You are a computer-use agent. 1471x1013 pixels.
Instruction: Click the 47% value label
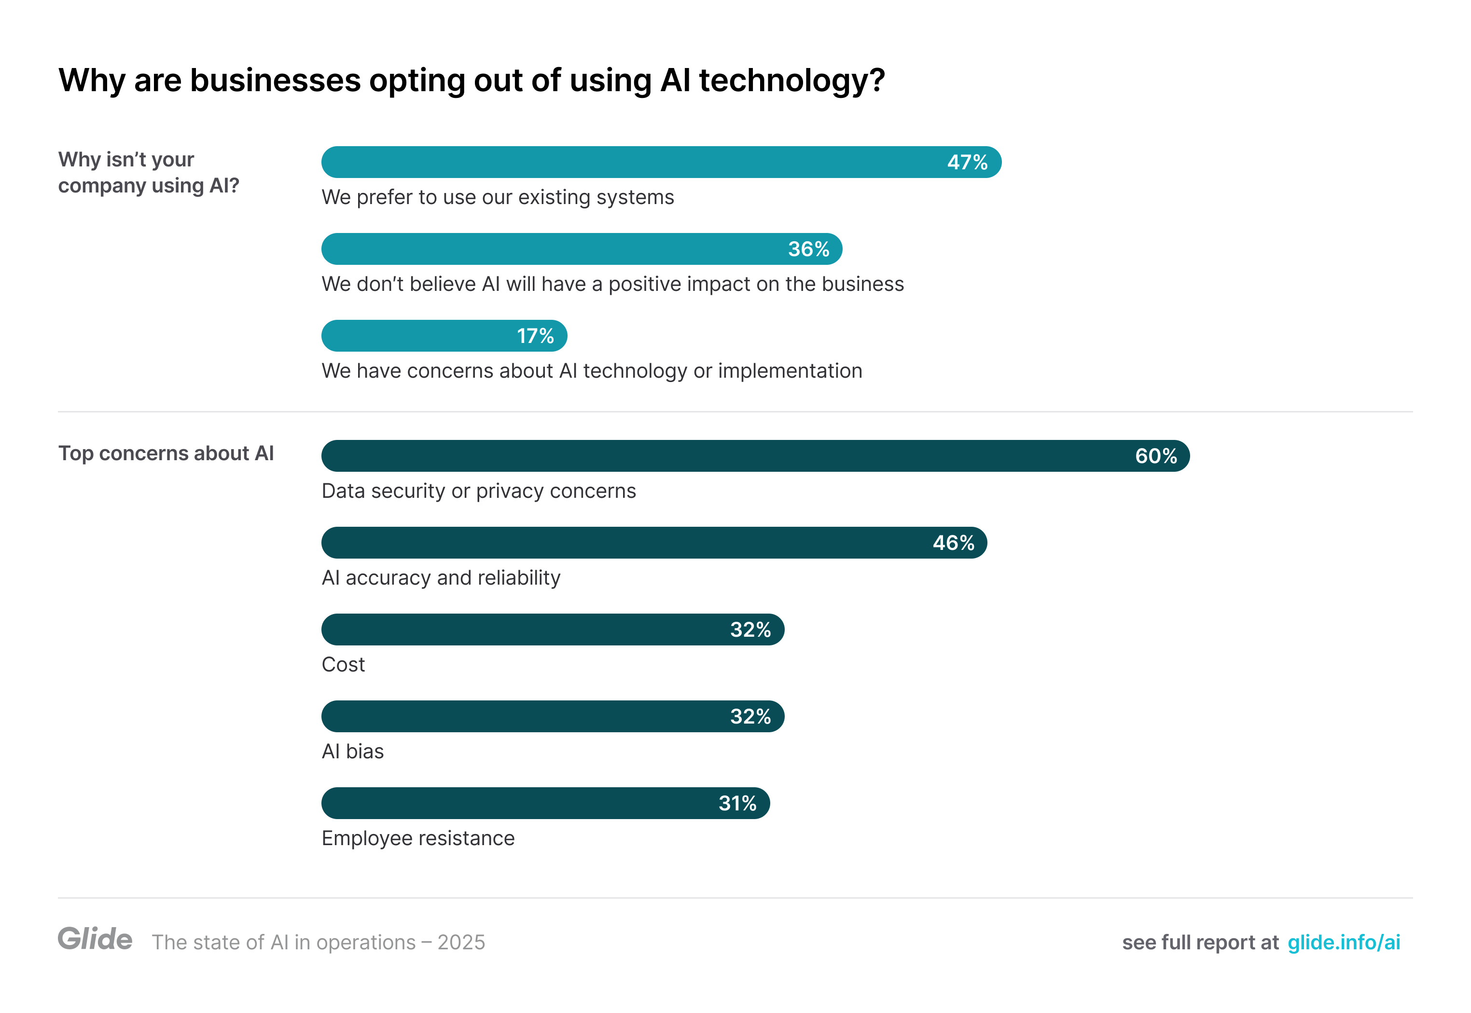tap(966, 163)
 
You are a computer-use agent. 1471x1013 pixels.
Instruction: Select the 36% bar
tap(581, 249)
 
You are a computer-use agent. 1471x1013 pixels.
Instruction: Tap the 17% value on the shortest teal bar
tap(535, 336)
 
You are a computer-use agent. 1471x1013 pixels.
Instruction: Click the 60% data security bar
tap(754, 456)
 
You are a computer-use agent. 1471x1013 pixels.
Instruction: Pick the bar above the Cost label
tap(552, 630)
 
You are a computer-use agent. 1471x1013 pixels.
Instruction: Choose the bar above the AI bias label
tap(552, 717)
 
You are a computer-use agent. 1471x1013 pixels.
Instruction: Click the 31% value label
tap(737, 804)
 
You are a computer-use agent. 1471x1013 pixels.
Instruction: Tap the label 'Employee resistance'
tap(418, 838)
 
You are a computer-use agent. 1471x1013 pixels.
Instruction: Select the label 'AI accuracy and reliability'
tap(441, 577)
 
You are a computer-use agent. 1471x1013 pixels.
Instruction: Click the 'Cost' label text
tap(343, 665)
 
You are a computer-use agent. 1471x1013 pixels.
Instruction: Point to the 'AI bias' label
tap(352, 752)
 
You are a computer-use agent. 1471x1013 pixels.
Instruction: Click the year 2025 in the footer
tap(461, 943)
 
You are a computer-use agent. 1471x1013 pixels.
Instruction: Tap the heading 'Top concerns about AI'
tap(166, 453)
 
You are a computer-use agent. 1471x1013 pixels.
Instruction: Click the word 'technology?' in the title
tap(791, 81)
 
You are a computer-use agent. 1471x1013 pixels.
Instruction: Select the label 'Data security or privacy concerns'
tap(478, 491)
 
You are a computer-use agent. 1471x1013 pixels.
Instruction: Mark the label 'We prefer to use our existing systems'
tap(497, 197)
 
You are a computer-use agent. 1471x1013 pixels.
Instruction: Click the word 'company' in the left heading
tap(101, 186)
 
